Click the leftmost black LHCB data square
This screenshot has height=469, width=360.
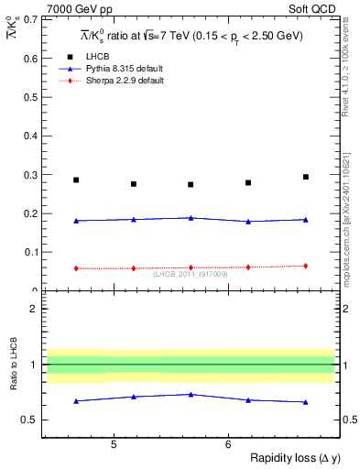[76, 180]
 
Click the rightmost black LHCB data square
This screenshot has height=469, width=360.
[306, 177]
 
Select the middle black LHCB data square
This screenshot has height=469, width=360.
[191, 184]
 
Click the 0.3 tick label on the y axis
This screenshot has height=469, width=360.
[31, 175]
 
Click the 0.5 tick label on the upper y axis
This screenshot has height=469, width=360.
[31, 97]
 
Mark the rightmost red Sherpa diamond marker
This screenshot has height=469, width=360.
[306, 266]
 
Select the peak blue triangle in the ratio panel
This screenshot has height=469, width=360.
[191, 395]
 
